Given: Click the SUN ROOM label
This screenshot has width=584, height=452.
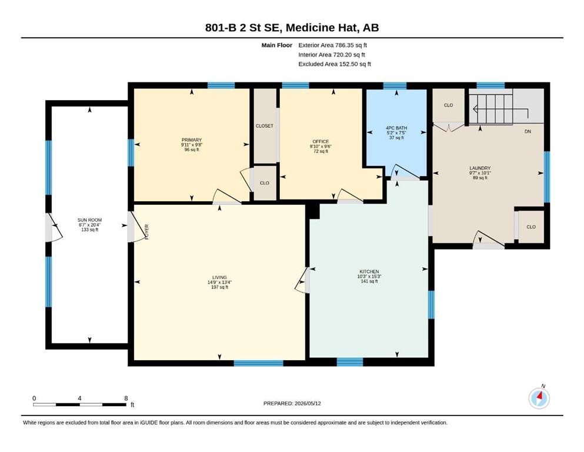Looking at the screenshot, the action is tap(90, 220).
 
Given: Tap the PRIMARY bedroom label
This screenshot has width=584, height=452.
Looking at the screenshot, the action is tap(192, 140).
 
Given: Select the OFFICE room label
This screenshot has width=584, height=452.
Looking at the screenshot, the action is tap(321, 142).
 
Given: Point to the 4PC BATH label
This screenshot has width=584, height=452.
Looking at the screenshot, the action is tap(396, 128).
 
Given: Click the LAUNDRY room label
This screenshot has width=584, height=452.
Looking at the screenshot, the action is tap(480, 168).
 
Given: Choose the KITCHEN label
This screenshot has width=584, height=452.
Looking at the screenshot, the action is tap(369, 272).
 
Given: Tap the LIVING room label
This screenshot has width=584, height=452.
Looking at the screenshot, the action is tap(219, 277).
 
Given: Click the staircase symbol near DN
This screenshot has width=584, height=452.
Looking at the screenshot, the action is tap(490, 109).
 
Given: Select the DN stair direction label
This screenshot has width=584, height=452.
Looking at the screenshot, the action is tap(528, 131).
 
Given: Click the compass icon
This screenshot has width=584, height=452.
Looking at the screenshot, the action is tap(539, 398).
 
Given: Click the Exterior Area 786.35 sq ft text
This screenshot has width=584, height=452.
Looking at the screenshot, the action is tap(333, 45).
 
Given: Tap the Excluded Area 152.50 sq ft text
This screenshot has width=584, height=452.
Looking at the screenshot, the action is tap(335, 64).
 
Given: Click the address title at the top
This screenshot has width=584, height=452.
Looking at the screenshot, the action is tap(292, 28).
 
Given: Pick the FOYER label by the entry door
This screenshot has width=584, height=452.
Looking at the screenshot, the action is tap(147, 232).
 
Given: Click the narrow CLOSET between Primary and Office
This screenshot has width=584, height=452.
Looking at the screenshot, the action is tap(265, 125).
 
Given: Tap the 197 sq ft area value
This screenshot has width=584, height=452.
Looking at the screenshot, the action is tap(219, 287).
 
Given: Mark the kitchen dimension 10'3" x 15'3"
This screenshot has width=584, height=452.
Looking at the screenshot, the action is tap(369, 277).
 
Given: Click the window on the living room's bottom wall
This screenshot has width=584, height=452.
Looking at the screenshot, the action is tap(259, 363).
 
